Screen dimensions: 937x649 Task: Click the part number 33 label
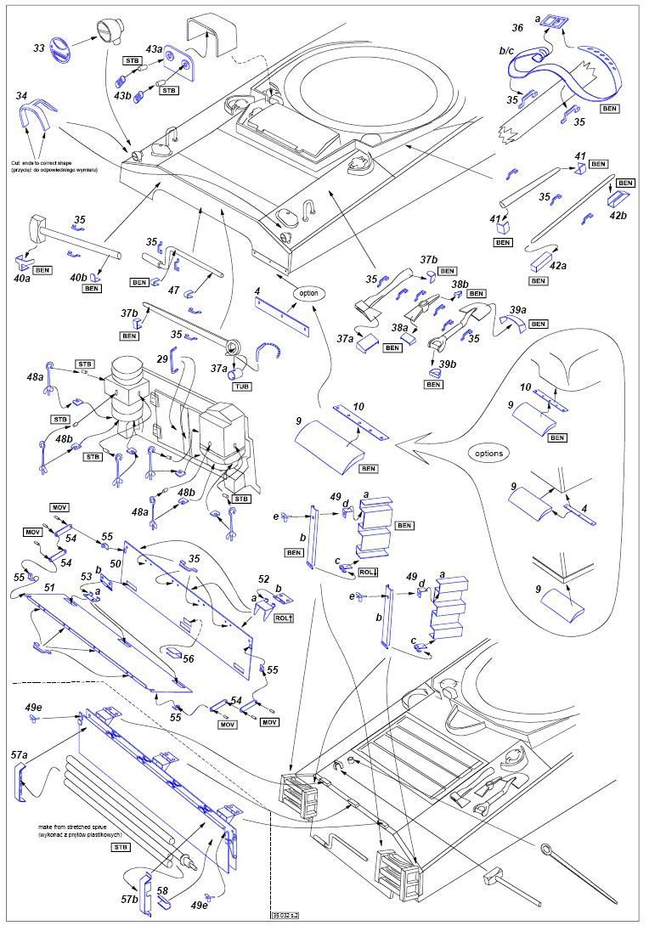point(39,48)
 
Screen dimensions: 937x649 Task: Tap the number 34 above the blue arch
point(22,96)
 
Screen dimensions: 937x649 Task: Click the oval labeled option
point(308,292)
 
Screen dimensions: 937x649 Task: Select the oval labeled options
point(489,453)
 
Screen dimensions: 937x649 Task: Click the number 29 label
point(162,360)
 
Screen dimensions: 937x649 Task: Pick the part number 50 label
point(116,562)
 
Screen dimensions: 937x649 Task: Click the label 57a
point(19,754)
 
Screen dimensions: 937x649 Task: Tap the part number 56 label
point(188,658)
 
